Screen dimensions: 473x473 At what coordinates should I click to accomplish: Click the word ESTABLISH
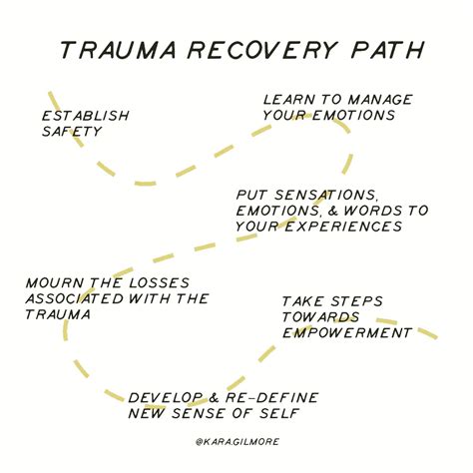tap(85, 116)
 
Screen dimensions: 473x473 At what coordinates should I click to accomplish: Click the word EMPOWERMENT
tap(346, 331)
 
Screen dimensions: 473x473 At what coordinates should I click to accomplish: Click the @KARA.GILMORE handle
tap(236, 440)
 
